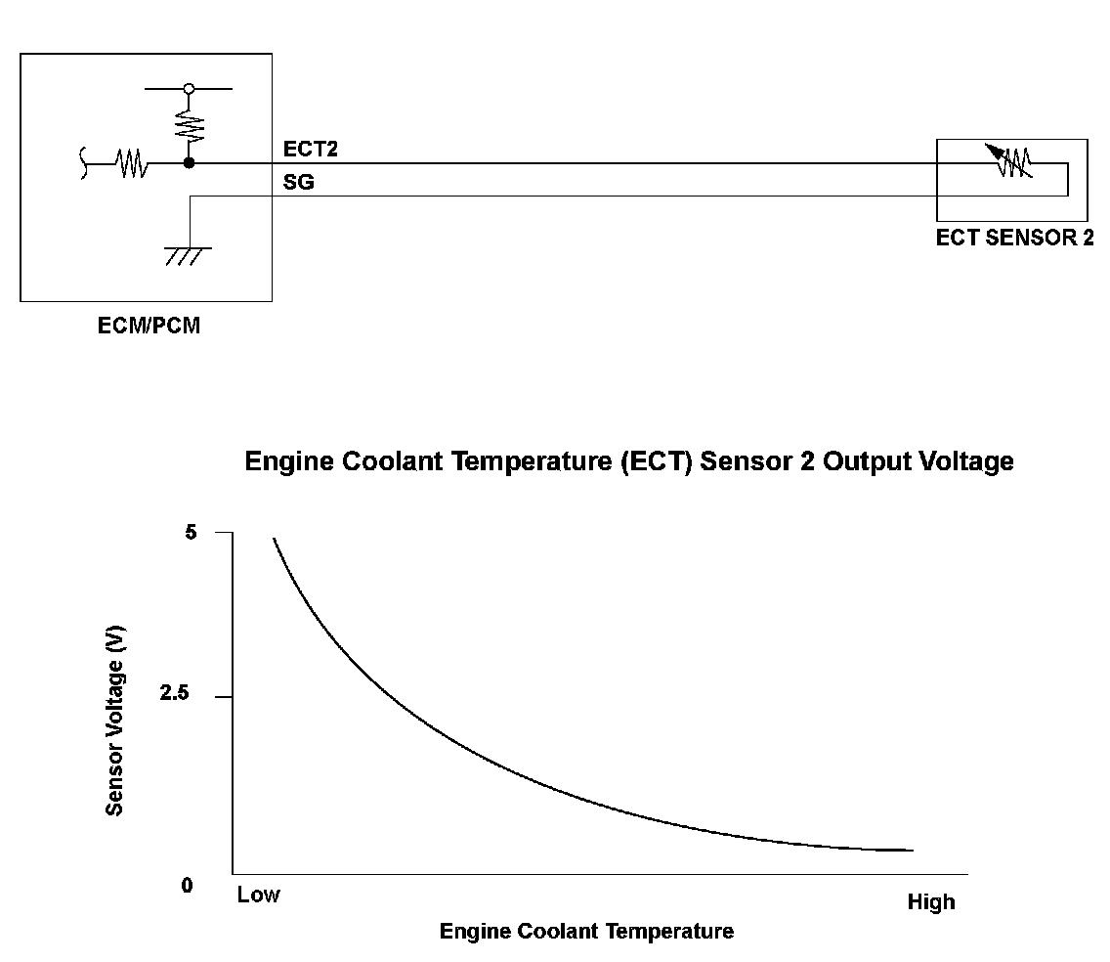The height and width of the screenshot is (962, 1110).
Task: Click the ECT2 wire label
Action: tap(310, 150)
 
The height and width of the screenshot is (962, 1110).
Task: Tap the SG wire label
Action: tap(298, 182)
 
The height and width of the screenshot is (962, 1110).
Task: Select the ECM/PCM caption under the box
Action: tap(149, 327)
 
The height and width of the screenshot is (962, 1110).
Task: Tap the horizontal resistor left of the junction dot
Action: tap(132, 164)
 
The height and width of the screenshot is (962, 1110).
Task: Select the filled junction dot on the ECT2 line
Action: tap(189, 163)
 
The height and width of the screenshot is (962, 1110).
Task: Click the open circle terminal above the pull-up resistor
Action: tap(189, 89)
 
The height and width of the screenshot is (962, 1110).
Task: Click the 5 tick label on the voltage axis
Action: tap(190, 533)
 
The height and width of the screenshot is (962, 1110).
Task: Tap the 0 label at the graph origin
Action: tap(188, 886)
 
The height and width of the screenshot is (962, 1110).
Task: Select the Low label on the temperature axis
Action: tap(258, 895)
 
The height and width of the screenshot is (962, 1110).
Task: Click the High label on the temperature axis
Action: tap(930, 902)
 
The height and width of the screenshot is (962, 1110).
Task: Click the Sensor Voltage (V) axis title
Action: tap(115, 721)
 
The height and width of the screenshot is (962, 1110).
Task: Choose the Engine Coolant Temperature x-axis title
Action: tap(586, 931)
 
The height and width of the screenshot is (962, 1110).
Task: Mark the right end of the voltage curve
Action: tap(912, 850)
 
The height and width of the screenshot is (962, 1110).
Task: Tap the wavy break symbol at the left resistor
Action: tap(85, 164)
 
